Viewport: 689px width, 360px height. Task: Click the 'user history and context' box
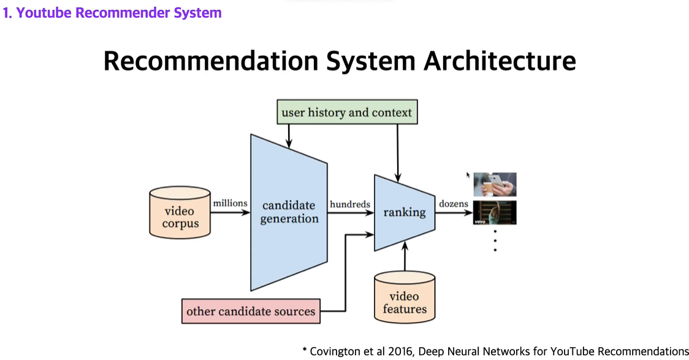click(346, 113)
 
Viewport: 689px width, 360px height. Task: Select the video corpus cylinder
click(180, 212)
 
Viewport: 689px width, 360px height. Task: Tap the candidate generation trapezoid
click(289, 212)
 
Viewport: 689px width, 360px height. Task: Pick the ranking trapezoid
click(404, 212)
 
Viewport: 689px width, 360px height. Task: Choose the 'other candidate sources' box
click(251, 311)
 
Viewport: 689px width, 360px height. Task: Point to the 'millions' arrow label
click(230, 203)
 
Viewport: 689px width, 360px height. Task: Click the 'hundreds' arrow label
click(349, 204)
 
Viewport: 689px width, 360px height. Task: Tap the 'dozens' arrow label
click(453, 204)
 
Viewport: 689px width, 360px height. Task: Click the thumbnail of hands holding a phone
click(495, 184)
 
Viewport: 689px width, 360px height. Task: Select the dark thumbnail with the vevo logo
click(495, 212)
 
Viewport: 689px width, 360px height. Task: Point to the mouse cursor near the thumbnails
click(468, 175)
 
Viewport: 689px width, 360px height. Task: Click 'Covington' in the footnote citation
click(337, 351)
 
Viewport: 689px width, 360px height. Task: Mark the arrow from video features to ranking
click(405, 256)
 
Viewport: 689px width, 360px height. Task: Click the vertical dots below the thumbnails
click(495, 240)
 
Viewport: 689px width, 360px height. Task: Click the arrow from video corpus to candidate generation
click(230, 213)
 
